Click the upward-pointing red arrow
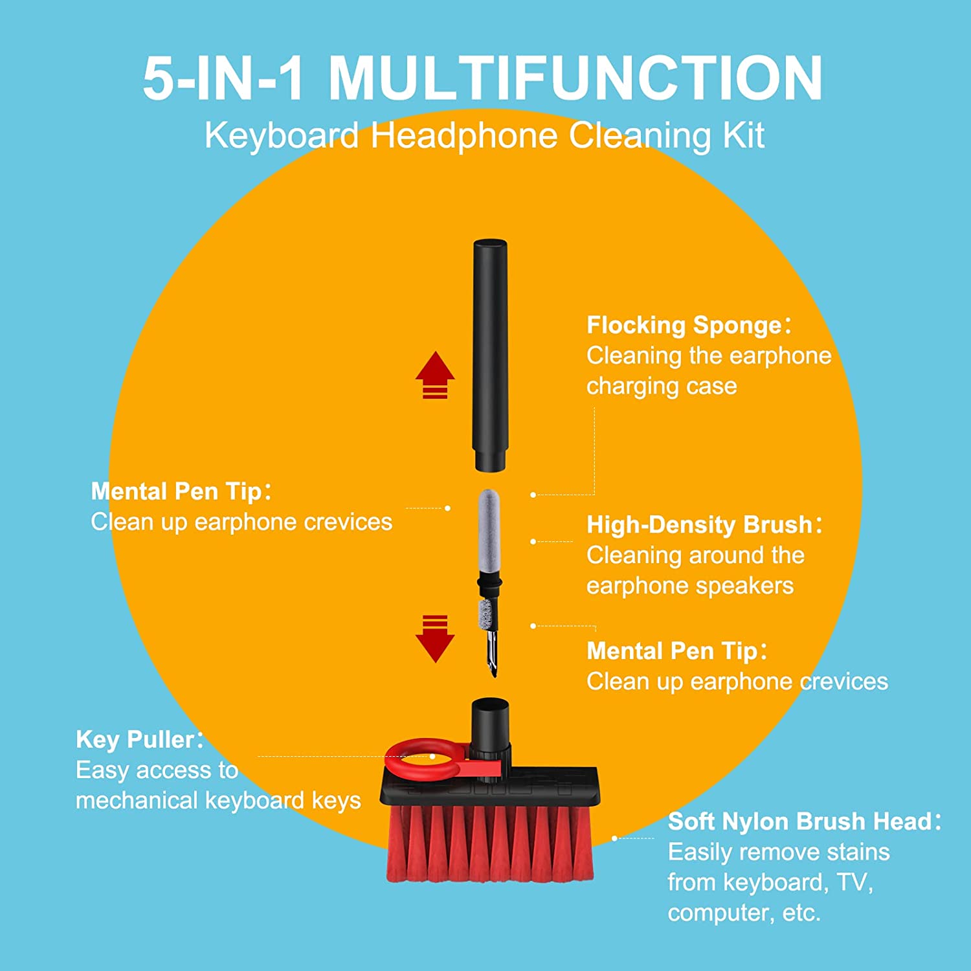click(435, 375)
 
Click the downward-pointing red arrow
click(435, 639)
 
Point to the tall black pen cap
click(490, 355)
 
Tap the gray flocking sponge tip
click(489, 531)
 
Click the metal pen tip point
click(493, 673)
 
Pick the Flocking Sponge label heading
click(684, 325)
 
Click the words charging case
click(662, 386)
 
